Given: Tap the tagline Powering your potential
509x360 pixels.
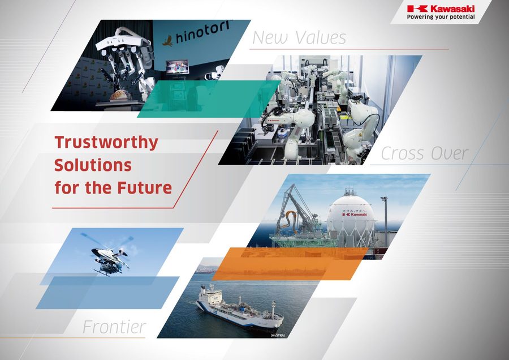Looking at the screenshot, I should (x=441, y=17).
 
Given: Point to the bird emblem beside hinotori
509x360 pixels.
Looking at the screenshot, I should (x=167, y=40).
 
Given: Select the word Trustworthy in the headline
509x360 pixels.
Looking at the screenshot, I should (x=106, y=142).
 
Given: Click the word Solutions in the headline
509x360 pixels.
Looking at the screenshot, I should (x=93, y=165).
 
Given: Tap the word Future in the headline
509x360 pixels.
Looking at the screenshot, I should (x=144, y=187).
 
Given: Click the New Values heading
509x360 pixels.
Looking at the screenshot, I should (x=299, y=38).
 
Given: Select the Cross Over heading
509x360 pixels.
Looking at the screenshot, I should (x=424, y=153).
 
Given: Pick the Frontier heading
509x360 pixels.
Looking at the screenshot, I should (x=114, y=327).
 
